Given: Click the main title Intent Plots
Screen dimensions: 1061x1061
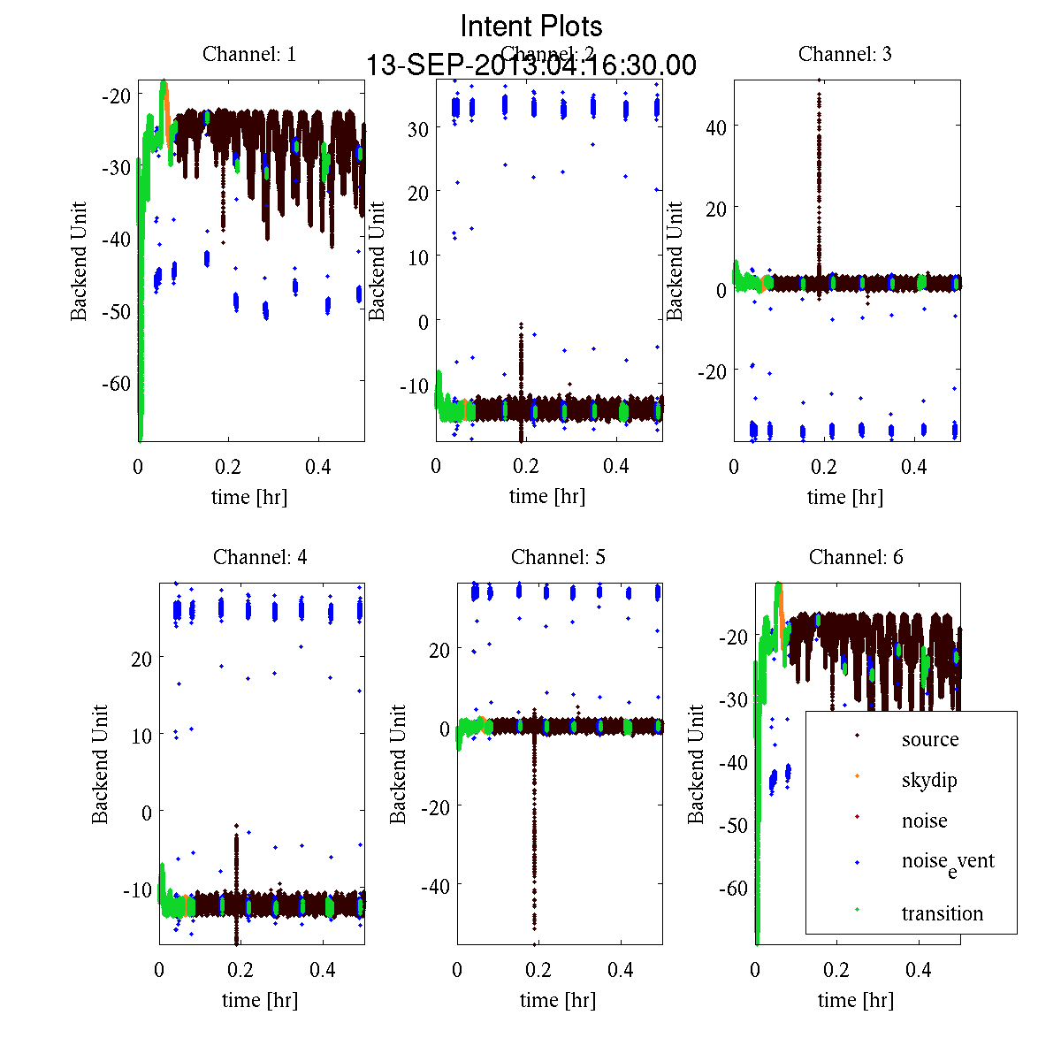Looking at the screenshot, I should tap(531, 26).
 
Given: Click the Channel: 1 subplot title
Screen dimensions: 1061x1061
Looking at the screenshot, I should tap(249, 54).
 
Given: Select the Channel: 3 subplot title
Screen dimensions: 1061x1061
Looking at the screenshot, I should tap(845, 54).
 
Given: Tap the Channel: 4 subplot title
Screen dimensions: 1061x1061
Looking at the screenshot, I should tap(260, 557).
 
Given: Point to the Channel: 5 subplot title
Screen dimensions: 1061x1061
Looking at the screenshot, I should tap(558, 557).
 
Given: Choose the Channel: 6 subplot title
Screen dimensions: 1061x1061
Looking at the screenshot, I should tap(856, 557).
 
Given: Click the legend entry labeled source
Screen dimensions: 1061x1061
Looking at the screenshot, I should tap(930, 739).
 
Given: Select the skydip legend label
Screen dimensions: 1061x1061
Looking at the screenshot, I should tap(929, 780).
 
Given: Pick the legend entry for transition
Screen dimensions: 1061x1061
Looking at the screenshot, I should tap(943, 913).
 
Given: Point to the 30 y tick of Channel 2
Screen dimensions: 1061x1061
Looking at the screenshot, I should tap(418, 128).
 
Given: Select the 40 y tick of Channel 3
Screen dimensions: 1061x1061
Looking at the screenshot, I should tap(716, 127).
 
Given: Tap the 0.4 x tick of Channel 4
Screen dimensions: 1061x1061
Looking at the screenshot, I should tap(323, 970).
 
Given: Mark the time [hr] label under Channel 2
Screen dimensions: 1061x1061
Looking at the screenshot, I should tap(547, 497).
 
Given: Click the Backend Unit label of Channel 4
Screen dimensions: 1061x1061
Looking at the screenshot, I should tap(100, 765).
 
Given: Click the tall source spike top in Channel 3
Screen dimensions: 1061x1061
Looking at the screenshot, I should tap(820, 81).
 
